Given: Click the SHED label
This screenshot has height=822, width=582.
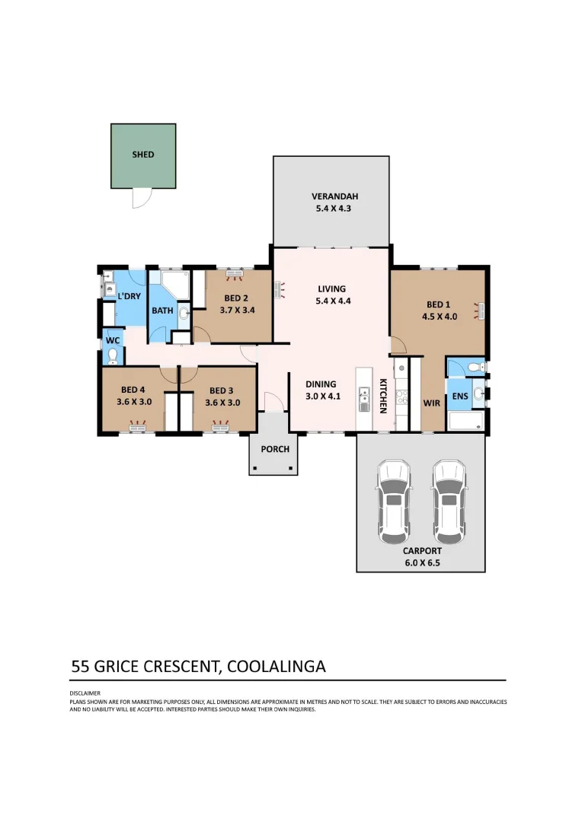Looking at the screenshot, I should [x=143, y=155].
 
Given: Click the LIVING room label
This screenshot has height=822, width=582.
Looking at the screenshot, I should [x=332, y=288].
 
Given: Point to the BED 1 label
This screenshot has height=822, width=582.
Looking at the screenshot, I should [x=440, y=304].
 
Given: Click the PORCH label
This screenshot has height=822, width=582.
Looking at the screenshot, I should [x=275, y=449].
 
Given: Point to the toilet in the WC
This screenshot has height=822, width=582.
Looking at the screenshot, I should [x=113, y=355].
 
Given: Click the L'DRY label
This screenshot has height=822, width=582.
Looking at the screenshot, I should [x=129, y=295].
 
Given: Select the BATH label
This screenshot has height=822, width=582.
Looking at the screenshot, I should [x=162, y=311].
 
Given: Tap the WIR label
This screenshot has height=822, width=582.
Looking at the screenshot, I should [x=432, y=402].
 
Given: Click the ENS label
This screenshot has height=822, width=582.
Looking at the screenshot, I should [x=459, y=397].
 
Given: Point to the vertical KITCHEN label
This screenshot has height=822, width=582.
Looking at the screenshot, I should [x=384, y=397].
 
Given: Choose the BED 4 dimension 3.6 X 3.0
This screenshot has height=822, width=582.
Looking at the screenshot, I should [x=134, y=403].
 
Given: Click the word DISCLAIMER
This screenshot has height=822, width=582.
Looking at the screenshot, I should [x=80, y=693].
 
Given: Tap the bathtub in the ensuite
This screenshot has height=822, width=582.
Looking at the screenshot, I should [x=465, y=421].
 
